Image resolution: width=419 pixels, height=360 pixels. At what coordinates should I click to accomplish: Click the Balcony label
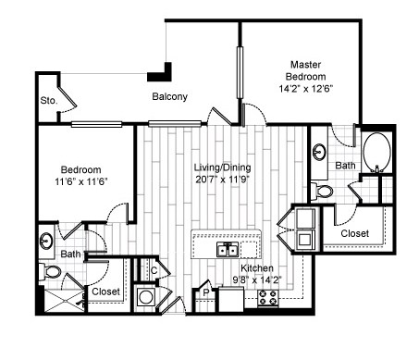tap(170, 97)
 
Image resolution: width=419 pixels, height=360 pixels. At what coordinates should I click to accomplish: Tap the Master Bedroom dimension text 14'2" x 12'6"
tap(306, 89)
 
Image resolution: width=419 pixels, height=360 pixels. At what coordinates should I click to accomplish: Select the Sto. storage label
tap(49, 101)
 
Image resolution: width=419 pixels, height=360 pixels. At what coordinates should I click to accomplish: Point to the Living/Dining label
tap(222, 168)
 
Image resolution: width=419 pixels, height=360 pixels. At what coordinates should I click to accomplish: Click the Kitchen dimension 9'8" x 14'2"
tap(257, 280)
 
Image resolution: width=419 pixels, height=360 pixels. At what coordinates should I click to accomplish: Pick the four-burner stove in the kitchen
tap(268, 298)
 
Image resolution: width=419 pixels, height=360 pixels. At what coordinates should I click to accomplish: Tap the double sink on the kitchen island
tap(228, 249)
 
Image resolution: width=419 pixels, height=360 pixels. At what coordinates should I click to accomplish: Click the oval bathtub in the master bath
tap(377, 153)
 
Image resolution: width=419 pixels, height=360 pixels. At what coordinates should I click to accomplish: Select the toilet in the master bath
tap(322, 191)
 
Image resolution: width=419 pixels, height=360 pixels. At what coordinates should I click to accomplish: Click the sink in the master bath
tap(319, 152)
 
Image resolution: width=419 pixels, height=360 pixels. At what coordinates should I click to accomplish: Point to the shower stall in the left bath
tap(65, 301)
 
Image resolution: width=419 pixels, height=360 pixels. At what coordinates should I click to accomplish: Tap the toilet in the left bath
tap(50, 272)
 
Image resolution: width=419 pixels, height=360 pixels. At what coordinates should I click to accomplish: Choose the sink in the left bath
tap(46, 241)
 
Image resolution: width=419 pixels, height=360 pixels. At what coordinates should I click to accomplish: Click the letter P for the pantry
tap(206, 292)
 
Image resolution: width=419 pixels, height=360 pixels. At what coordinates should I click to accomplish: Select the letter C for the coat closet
tap(154, 270)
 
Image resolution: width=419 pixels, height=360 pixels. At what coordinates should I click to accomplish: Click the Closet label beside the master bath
tap(355, 233)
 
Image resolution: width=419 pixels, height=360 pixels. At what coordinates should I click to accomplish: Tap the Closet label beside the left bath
tap(105, 292)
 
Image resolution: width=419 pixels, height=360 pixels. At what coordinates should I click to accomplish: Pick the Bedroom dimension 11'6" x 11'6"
tap(81, 181)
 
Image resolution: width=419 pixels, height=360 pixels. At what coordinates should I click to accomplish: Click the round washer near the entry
tap(145, 298)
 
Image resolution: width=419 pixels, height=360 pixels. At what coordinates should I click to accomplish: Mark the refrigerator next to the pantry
tap(231, 299)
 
